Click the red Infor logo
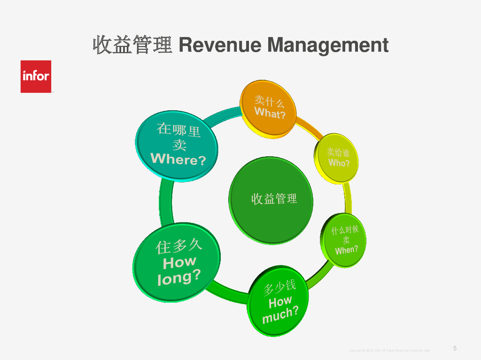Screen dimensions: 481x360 click(x=36, y=76)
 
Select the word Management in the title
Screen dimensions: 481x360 click(x=328, y=46)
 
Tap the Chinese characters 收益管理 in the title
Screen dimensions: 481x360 click(x=133, y=46)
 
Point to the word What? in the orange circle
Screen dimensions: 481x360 click(x=270, y=113)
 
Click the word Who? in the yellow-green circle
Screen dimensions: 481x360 click(x=339, y=163)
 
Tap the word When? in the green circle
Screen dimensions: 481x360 click(x=347, y=250)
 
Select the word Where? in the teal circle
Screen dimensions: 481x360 click(x=178, y=159)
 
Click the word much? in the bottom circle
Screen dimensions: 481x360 click(x=280, y=314)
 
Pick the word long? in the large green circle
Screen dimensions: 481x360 click(x=179, y=277)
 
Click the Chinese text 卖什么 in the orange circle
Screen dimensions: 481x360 click(x=269, y=100)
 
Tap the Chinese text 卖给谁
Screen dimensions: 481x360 click(x=338, y=152)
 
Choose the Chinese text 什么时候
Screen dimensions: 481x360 click(x=345, y=230)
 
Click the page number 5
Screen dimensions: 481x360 click(x=455, y=348)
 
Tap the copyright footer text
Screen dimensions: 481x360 click(x=389, y=351)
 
